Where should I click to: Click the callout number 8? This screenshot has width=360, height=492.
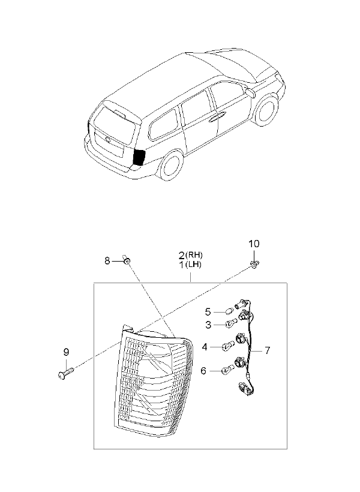(x=107, y=260)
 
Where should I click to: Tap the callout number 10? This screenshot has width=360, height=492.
(x=254, y=244)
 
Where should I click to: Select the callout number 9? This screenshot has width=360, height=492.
(x=66, y=352)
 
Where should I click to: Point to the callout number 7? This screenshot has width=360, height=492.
(x=267, y=350)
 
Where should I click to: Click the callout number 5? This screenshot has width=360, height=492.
(x=208, y=312)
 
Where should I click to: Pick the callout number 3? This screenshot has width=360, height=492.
(x=208, y=325)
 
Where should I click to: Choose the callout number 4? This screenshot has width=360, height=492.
(x=205, y=347)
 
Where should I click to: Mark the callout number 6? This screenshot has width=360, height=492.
(x=203, y=371)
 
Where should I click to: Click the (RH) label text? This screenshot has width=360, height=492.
(x=194, y=254)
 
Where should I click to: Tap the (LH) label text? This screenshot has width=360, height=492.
(x=193, y=265)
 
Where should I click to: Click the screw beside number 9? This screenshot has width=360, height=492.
(x=67, y=373)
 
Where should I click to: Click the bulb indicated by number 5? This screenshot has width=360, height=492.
(x=229, y=311)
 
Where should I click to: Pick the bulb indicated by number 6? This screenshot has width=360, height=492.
(x=228, y=370)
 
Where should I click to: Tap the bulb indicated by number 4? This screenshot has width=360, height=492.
(x=229, y=346)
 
